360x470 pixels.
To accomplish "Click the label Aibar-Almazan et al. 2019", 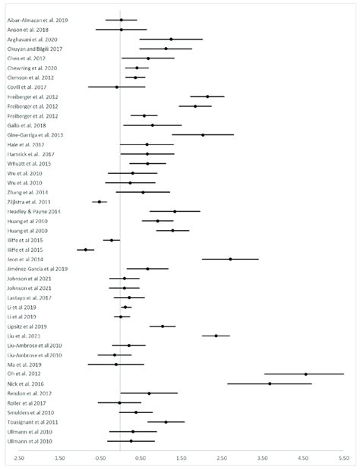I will click(x=37, y=20).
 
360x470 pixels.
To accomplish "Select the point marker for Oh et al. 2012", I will click(x=305, y=374).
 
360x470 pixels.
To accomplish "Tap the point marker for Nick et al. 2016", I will click(x=270, y=383).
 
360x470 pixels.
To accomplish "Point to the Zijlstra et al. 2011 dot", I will click(x=99, y=202).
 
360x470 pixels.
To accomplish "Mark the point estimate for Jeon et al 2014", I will click(x=230, y=259).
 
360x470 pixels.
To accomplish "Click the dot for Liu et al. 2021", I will click(x=216, y=336).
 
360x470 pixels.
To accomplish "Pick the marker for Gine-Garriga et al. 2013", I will click(x=203, y=134).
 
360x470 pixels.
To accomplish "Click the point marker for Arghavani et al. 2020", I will click(x=171, y=39).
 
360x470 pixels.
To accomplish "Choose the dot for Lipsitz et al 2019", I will click(x=163, y=326).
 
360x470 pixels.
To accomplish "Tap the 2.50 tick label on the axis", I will click(x=222, y=458).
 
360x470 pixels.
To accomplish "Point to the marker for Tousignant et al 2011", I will click(x=166, y=421).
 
